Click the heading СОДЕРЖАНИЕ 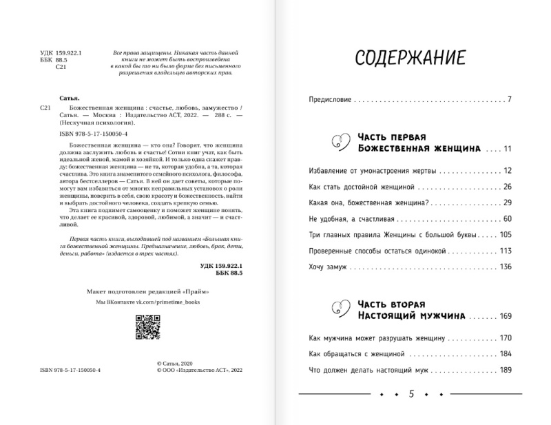409,59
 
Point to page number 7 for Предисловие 508,101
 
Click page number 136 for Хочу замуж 507,267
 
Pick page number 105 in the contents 507,235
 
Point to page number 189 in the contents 507,371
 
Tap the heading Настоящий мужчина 410,315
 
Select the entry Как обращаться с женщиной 354,354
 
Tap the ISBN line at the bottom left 71,369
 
